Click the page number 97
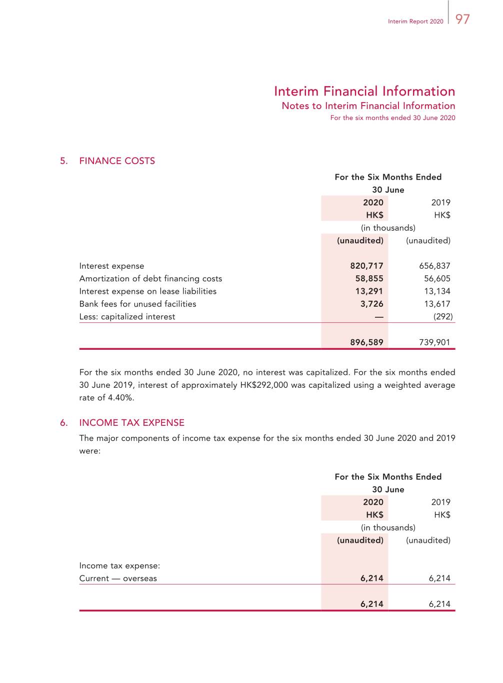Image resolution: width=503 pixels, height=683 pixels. coord(462,19)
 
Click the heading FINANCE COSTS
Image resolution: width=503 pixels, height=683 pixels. coord(117,161)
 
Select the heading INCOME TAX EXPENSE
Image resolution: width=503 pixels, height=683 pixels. coord(131,423)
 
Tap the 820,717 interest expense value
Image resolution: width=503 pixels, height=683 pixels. coord(366,266)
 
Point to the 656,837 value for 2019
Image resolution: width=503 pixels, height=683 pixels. coord(434,266)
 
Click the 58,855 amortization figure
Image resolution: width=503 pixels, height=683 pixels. coord(369,279)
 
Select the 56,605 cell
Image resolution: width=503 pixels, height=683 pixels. coord(437,279)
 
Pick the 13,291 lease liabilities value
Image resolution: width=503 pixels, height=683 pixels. coord(369,291)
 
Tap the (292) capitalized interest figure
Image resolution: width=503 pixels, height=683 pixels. coord(443,317)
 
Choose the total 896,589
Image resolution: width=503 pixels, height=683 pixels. coord(366,343)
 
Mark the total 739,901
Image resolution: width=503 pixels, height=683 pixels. coord(434,343)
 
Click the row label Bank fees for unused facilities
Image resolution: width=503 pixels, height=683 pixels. coord(137,304)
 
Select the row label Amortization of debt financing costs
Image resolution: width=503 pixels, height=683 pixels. coord(150,279)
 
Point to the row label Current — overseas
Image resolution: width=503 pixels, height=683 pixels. coord(118,578)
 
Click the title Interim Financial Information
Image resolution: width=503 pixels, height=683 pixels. coord(364,91)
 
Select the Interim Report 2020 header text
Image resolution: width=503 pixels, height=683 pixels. coord(415,22)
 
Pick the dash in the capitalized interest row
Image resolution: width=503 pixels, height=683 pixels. coord(378,317)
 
